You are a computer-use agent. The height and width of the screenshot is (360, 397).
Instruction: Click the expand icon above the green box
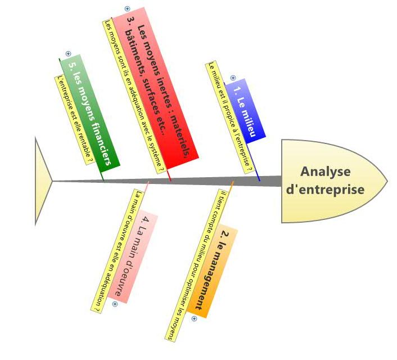click(x=68, y=53)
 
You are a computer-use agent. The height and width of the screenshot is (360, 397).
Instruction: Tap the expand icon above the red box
click(x=127, y=9)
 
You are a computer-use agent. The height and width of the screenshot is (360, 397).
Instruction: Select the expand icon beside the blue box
click(x=233, y=78)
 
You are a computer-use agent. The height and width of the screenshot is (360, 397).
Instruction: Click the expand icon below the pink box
click(x=115, y=304)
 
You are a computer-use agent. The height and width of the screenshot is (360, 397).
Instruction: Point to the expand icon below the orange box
click(x=194, y=319)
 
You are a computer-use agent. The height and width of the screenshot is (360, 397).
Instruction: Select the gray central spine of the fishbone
click(x=169, y=181)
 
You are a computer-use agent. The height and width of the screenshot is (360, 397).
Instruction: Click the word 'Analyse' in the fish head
click(x=325, y=172)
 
